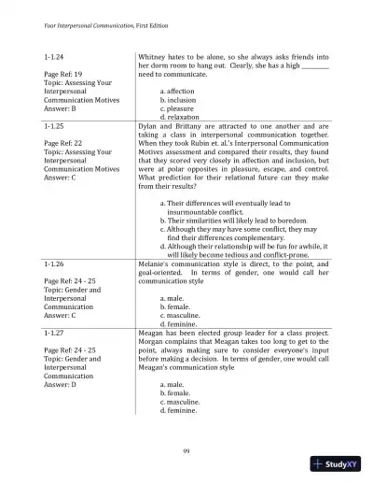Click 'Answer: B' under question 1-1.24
pos(61,108)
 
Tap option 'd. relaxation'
pos(187,117)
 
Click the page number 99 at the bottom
pos(186,451)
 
